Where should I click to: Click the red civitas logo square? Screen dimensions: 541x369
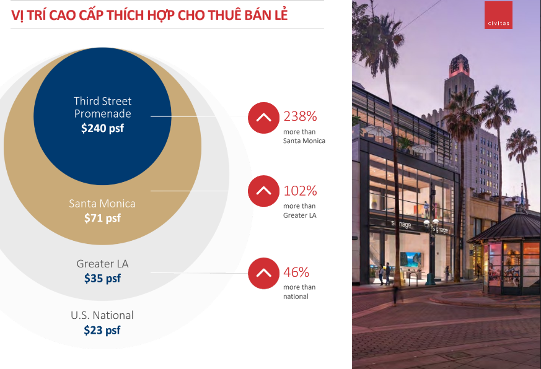click(x=498, y=15)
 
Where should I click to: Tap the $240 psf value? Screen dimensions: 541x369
click(x=102, y=128)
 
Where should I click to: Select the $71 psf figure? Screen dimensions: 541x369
click(x=102, y=218)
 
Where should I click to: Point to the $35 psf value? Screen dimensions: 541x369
click(x=102, y=279)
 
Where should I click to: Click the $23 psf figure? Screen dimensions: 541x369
click(x=102, y=330)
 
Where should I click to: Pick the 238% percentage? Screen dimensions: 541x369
click(x=300, y=116)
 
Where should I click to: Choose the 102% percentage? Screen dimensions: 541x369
click(x=300, y=191)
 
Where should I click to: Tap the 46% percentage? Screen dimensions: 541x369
click(x=296, y=272)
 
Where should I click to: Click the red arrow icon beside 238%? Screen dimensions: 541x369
click(x=263, y=118)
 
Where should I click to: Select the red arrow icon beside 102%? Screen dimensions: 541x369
click(x=263, y=191)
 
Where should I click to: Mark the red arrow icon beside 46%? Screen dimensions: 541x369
click(x=263, y=273)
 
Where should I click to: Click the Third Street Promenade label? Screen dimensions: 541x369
click(x=102, y=107)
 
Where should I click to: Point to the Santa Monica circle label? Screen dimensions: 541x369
click(x=102, y=204)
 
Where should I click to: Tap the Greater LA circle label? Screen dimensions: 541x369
click(x=102, y=264)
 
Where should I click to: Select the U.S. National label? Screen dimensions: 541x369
click(x=102, y=315)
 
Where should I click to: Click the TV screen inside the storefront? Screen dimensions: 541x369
click(x=411, y=259)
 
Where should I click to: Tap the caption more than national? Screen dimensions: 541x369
click(x=299, y=292)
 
